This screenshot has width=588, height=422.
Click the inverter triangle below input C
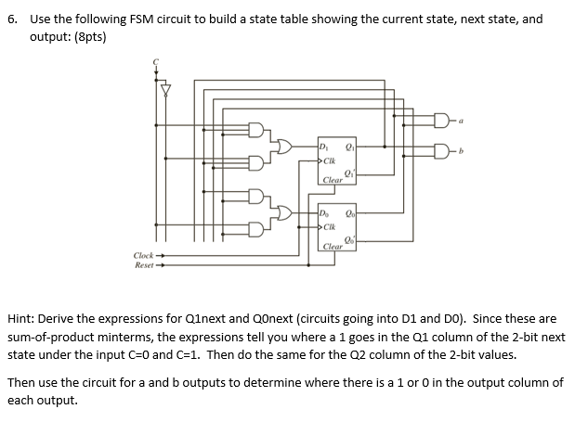pyautogui.click(x=167, y=90)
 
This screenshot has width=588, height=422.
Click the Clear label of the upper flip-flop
pyautogui.click(x=333, y=178)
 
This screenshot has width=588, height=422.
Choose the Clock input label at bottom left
pyautogui.click(x=145, y=255)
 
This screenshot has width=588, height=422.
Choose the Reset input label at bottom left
pyautogui.click(x=145, y=264)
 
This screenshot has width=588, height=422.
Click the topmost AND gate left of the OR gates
pyautogui.click(x=256, y=132)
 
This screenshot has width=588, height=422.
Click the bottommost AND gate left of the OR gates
pyautogui.click(x=256, y=229)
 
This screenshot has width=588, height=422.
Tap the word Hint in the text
pyautogui.click(x=22, y=317)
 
